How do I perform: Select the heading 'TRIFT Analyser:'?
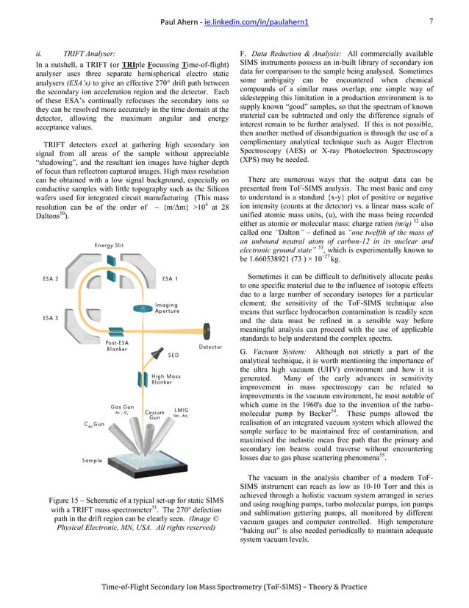[x=90, y=54]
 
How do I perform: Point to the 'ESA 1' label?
[x=173, y=280]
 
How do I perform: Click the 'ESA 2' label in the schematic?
[x=51, y=280]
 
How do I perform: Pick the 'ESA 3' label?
[x=51, y=318]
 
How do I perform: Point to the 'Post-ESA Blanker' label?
[x=118, y=346]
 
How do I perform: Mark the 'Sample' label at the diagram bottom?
[x=92, y=460]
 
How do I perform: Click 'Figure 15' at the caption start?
[x=58, y=502]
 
